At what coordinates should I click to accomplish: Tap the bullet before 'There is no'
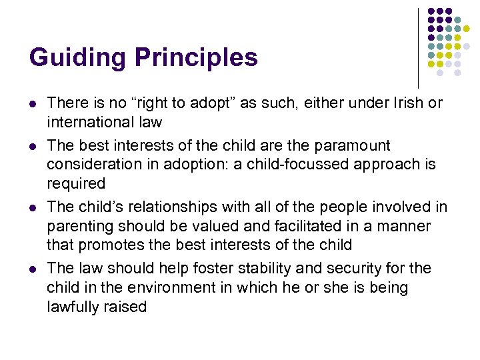[33, 104]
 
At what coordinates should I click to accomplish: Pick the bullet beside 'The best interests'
[33, 145]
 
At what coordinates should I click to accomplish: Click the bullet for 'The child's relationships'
[33, 207]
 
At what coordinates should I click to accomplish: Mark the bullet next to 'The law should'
[33, 269]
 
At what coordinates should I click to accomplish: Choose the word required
[76, 183]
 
